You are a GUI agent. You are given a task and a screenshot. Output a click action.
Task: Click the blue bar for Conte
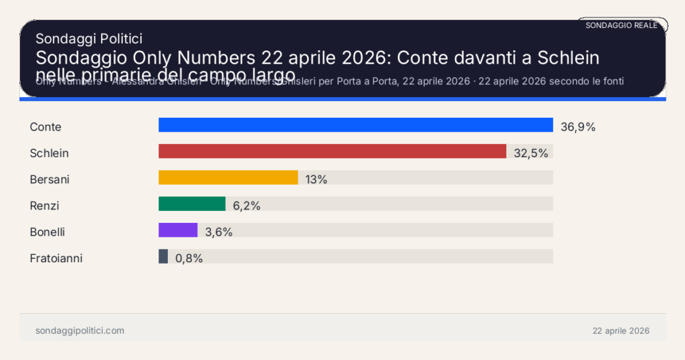pos(355,125)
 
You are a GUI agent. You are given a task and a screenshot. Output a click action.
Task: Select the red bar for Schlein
pos(332,151)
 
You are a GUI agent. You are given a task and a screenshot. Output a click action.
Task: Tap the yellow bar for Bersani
pos(227,177)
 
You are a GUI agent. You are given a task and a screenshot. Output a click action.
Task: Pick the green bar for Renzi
pos(191,203)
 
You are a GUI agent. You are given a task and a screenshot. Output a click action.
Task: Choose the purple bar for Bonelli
pos(178,230)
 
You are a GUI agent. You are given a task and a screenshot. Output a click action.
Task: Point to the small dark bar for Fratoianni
pos(163,256)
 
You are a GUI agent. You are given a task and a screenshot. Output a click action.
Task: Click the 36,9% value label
pos(577,126)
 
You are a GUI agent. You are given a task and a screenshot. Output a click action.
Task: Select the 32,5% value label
pos(530,153)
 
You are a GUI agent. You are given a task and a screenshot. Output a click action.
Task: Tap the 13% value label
pos(316,179)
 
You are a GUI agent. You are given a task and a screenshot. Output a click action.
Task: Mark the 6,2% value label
pos(246,205)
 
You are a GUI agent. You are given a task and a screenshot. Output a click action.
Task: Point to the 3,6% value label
pos(219,232)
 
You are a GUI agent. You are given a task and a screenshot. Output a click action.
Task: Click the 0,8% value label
pos(189,258)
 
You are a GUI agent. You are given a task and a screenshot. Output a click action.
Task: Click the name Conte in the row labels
pos(45,126)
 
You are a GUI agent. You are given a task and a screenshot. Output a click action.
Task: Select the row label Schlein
pos(50,153)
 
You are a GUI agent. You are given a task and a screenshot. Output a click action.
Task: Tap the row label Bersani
pos(50,179)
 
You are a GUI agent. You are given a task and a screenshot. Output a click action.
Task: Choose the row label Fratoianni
pos(56,258)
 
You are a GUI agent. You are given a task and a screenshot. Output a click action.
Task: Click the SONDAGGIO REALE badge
pos(621,25)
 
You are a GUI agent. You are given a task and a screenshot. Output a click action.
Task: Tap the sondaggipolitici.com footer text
pos(80,331)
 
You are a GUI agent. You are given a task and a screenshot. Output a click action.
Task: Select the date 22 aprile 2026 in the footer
pos(621,331)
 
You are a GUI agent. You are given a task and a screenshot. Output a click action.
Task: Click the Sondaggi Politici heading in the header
pos(88,39)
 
